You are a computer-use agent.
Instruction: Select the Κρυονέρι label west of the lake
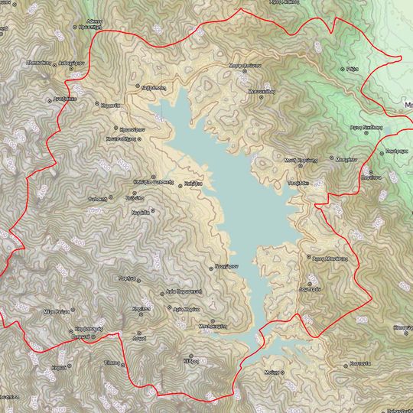[x=129, y=130]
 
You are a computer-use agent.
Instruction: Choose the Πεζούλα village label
[x=138, y=196]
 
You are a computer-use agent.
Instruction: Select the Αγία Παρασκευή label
[x=184, y=292]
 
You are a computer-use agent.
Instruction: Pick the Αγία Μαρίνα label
[x=187, y=308]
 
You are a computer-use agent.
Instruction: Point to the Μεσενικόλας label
[x=261, y=90]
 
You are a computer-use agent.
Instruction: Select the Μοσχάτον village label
[x=346, y=158]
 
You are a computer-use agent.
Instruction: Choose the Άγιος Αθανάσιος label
[x=326, y=259]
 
